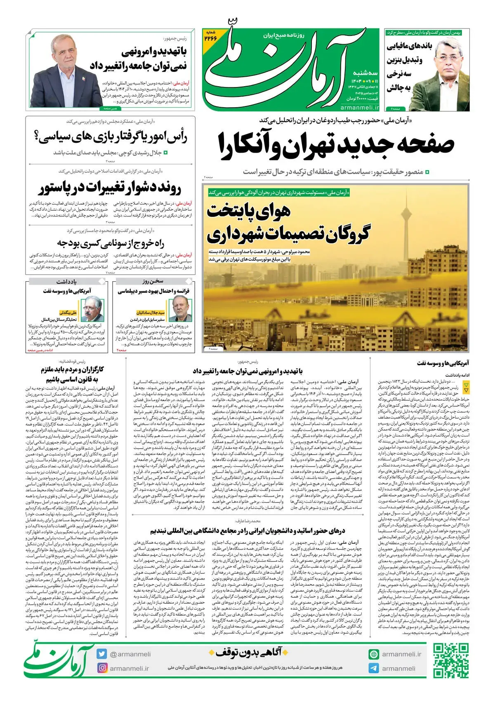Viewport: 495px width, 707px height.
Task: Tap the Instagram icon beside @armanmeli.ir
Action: (102, 668)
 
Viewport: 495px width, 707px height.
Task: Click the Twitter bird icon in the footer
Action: (102, 654)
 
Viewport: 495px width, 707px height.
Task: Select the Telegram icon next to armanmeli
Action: (374, 668)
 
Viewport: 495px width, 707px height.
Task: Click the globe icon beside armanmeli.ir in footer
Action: (374, 654)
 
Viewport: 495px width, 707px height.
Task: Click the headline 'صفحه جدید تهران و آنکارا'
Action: (336, 145)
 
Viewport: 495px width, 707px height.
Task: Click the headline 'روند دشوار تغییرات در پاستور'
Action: (110, 189)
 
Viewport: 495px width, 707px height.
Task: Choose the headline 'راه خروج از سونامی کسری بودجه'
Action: (111, 243)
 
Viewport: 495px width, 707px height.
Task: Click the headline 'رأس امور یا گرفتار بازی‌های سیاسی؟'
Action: (111, 137)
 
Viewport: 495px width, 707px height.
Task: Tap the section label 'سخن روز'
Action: (153, 281)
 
